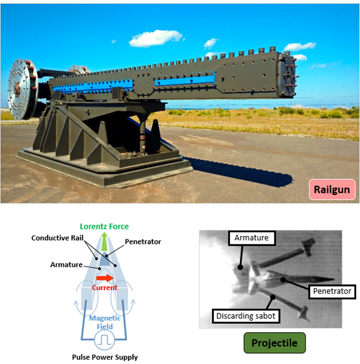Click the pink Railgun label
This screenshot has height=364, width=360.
pos(331,189)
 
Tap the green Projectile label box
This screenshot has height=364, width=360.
pos(274,343)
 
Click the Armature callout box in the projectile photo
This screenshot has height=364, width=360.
pos(251,238)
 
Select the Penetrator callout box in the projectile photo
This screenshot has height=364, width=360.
pos(331,291)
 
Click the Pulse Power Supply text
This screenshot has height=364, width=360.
pos(105,357)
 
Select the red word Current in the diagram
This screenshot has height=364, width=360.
pos(104,288)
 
